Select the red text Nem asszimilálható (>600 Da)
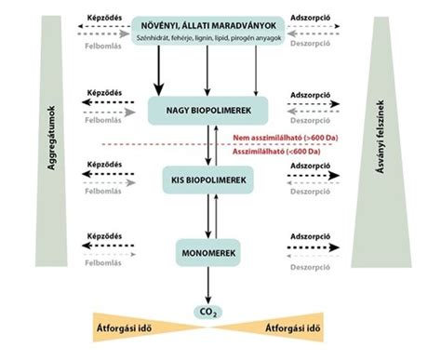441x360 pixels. click(279, 138)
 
